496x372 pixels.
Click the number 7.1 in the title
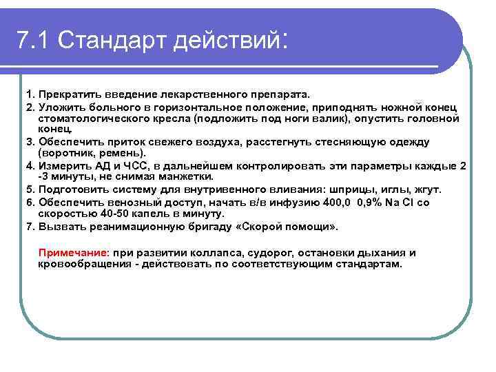[x=34, y=41]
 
